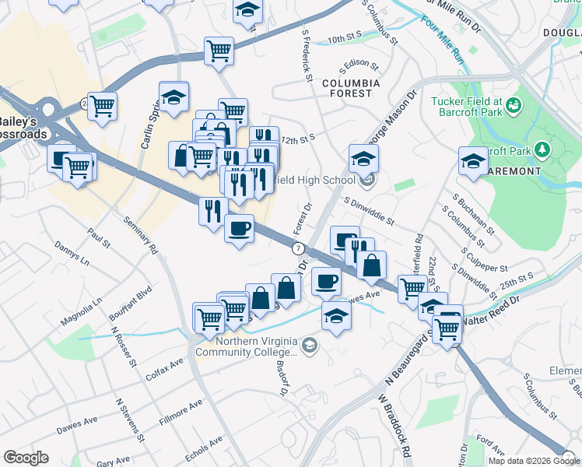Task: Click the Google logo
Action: pos(26,458)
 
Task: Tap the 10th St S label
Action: pos(346,39)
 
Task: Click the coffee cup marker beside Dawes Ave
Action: pos(327,281)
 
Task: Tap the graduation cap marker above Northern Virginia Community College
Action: pos(336,316)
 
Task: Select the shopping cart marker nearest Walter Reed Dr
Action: pos(447,328)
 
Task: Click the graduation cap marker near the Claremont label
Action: pos(472,161)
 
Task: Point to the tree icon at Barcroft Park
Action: pos(538,149)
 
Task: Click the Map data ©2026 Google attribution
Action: pos(534,461)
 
